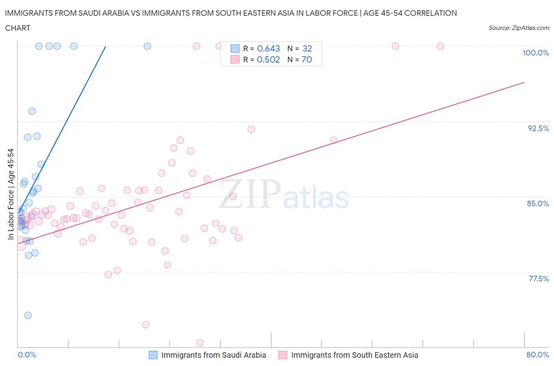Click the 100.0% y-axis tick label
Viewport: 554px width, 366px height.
pyautogui.click(x=535, y=53)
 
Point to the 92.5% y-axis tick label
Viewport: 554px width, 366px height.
pyautogui.click(x=538, y=128)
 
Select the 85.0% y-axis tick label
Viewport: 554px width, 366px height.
pyautogui.click(x=538, y=203)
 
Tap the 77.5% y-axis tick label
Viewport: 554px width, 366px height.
pyautogui.click(x=539, y=279)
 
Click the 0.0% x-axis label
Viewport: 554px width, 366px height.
pyautogui.click(x=27, y=355)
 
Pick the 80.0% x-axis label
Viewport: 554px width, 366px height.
pyautogui.click(x=537, y=355)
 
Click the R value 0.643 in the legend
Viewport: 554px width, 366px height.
pyautogui.click(x=268, y=48)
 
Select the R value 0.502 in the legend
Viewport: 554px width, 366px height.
pyautogui.click(x=268, y=59)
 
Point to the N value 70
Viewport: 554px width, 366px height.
pyautogui.click(x=307, y=59)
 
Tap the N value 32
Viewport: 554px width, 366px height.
pyautogui.click(x=307, y=48)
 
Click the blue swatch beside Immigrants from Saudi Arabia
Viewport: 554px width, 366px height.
pyautogui.click(x=153, y=355)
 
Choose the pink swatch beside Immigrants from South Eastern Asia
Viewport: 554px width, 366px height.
pyautogui.click(x=283, y=355)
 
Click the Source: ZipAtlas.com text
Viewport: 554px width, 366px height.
pyautogui.click(x=519, y=28)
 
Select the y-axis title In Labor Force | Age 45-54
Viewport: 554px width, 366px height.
pyautogui.click(x=11, y=194)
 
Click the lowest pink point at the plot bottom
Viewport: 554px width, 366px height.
pyautogui.click(x=200, y=343)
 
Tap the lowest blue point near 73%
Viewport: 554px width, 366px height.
pyautogui.click(x=28, y=315)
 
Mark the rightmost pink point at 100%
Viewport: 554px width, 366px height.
pyautogui.click(x=440, y=46)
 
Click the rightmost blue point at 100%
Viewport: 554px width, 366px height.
pyautogui.click(x=147, y=46)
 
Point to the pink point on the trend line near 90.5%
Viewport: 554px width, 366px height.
pyautogui.click(x=334, y=140)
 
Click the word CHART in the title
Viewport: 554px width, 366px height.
pyautogui.click(x=18, y=28)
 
